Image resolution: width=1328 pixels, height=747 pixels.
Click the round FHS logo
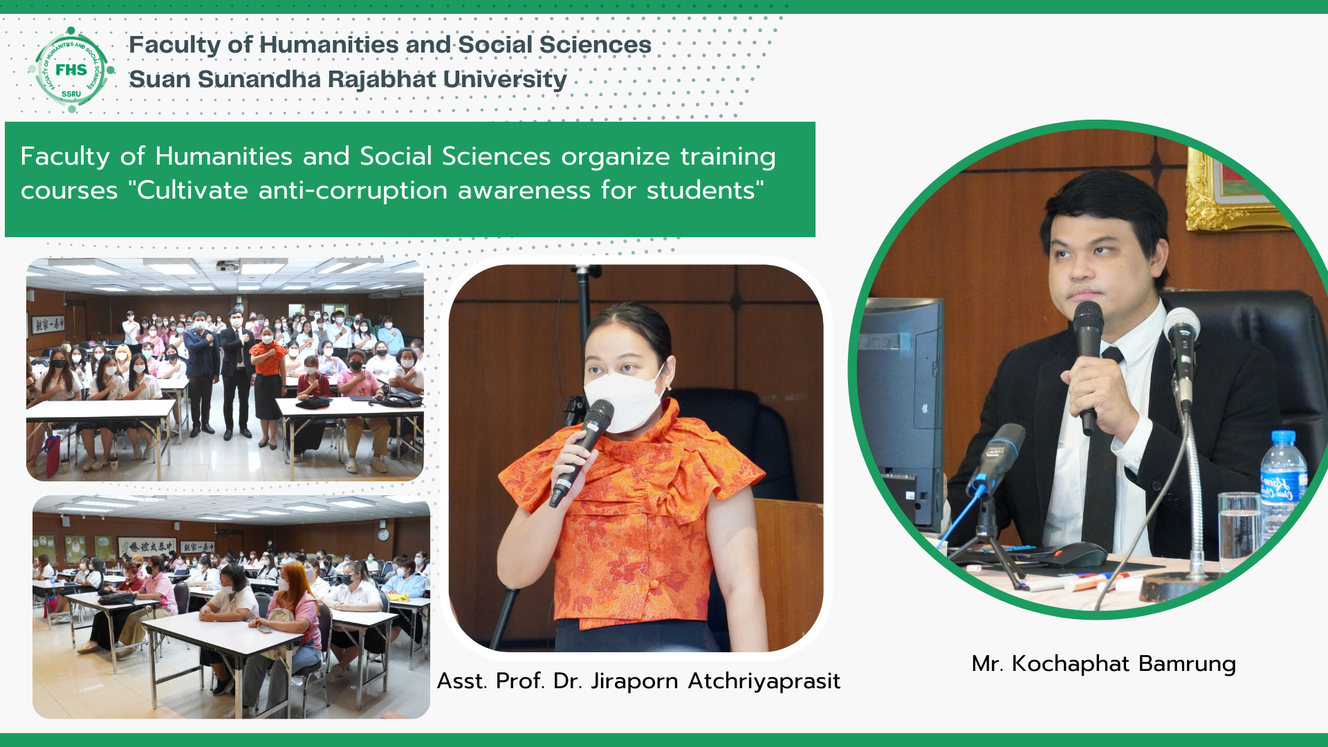pos(72,70)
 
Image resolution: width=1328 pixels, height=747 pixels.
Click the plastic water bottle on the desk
pos(1284,488)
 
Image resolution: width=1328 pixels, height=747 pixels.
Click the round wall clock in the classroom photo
pos(383,535)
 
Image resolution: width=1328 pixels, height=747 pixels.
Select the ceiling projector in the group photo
pos(228,265)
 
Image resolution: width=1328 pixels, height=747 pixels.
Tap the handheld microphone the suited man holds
pos(1088,367)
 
